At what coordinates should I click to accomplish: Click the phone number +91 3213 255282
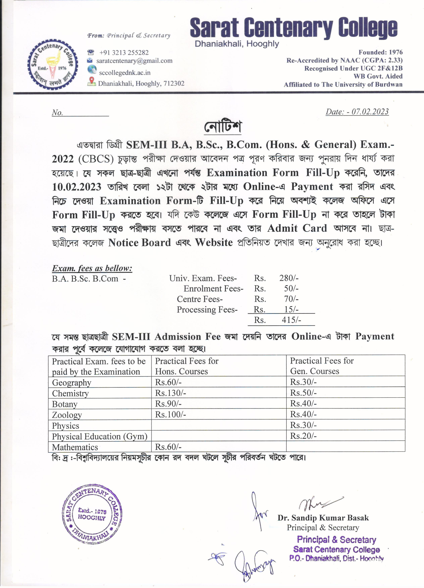124,53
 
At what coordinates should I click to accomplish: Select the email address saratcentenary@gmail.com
134,61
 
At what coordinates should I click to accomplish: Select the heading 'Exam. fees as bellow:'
92,268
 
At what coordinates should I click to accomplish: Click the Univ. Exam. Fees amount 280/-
289,278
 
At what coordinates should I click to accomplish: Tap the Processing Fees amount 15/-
291,309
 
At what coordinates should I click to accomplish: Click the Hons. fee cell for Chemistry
170,393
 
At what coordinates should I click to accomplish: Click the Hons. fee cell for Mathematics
168,447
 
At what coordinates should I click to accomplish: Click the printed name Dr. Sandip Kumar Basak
323,518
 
